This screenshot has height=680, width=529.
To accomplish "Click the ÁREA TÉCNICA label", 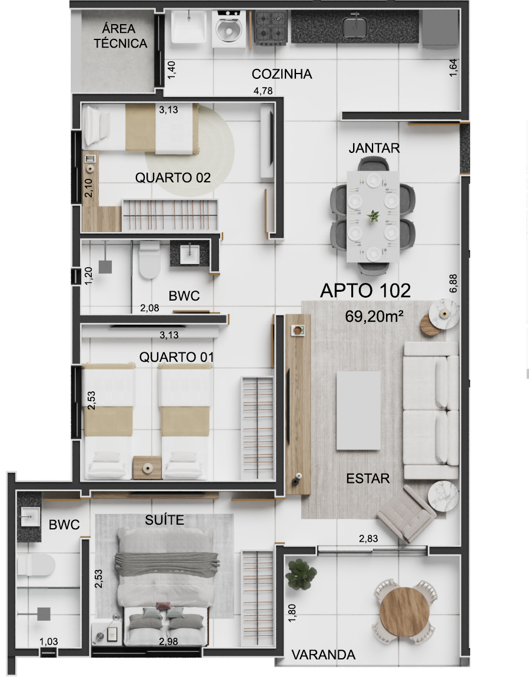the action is coord(120,36).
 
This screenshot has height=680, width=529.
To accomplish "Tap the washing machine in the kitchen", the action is coord(229,29).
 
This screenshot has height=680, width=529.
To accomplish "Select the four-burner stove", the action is coord(271,28).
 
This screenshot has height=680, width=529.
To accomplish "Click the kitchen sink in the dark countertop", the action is coord(355,25).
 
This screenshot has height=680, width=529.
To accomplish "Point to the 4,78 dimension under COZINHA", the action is coord(263,91).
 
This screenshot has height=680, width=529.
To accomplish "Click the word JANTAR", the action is coord(374,148).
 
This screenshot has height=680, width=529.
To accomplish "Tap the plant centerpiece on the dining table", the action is coord(373,215).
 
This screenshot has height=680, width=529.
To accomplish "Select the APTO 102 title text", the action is coord(365,291).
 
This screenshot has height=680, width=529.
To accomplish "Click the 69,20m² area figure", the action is coord(374,316).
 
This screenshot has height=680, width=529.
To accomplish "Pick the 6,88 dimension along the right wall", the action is coord(453,283).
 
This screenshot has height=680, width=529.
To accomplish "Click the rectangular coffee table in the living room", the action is coord(358,410).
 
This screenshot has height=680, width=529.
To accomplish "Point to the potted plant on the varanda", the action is coord(300,574).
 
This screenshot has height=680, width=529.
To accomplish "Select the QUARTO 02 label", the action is coord(173,178).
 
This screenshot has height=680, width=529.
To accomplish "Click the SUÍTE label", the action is coord(165,520).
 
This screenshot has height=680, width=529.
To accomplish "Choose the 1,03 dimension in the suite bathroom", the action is coord(48,641).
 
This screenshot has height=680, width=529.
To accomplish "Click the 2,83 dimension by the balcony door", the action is coord(368,539).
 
